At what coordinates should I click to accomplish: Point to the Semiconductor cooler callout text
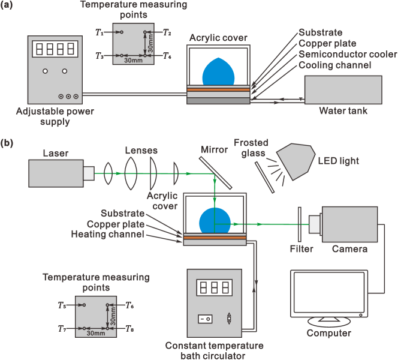(x=348, y=55)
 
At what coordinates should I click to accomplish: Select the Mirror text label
(x=213, y=150)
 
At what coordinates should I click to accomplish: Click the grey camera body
(x=348, y=223)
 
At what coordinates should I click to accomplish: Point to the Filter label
(x=300, y=248)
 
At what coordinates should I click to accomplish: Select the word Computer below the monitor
(x=329, y=333)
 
